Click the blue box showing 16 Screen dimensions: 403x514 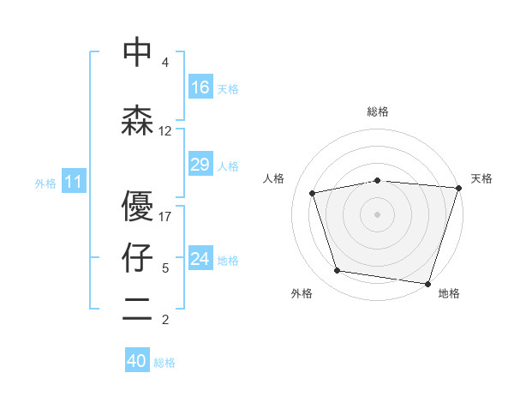(200, 87)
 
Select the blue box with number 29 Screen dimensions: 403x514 (200, 165)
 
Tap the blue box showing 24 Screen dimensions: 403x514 (200, 259)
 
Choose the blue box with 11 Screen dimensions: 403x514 (73, 182)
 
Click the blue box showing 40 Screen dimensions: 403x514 (137, 361)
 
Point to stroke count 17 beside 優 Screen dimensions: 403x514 (165, 216)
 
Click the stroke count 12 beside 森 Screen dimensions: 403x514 (165, 131)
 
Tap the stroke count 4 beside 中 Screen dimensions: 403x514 (165, 63)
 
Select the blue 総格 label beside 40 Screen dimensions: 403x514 (164, 363)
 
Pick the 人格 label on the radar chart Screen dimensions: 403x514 (274, 178)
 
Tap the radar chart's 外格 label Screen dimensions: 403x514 (302, 293)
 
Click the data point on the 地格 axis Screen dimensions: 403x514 (427, 283)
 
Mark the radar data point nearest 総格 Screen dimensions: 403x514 (378, 180)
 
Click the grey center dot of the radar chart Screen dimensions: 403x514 (378, 214)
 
